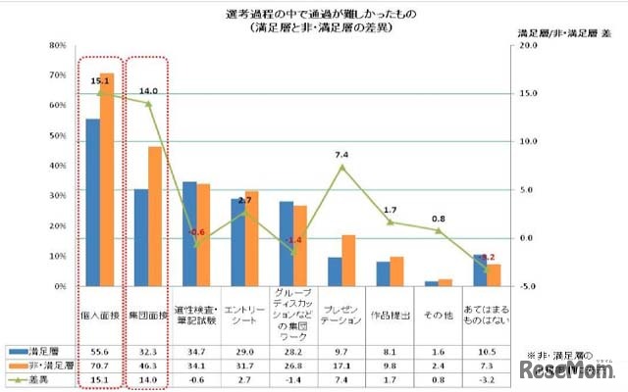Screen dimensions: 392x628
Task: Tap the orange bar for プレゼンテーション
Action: click(x=348, y=261)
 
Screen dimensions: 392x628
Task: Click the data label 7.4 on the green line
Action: click(x=341, y=155)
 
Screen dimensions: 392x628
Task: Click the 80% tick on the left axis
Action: click(x=58, y=46)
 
